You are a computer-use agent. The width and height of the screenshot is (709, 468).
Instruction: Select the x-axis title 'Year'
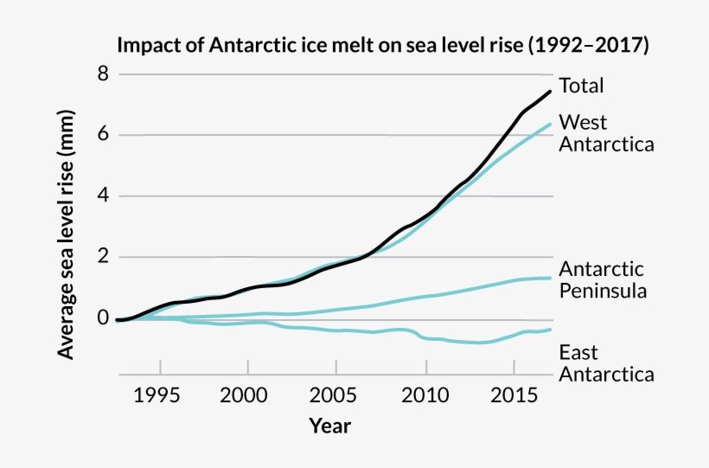tap(330, 426)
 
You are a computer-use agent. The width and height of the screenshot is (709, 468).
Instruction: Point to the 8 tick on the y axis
tap(103, 74)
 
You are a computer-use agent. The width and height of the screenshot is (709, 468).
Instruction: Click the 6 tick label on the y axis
tap(103, 135)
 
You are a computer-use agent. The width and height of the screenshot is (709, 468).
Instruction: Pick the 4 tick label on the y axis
tap(103, 196)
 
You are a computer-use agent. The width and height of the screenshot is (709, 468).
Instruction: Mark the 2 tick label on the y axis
tap(103, 257)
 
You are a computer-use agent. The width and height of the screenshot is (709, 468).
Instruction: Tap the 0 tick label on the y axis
tap(103, 318)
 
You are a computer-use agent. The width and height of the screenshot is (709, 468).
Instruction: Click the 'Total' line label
tap(581, 86)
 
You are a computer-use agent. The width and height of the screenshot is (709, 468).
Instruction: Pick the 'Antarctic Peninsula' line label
tap(603, 279)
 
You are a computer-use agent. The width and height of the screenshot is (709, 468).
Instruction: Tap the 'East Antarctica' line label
tap(606, 363)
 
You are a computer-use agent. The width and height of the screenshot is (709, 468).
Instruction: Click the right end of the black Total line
tap(550, 92)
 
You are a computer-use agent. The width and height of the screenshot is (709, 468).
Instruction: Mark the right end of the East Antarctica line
tap(550, 330)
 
